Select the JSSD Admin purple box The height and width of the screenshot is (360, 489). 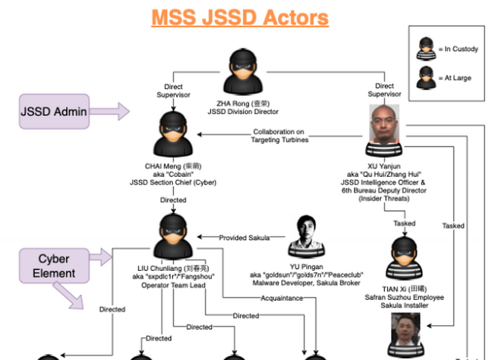(x=54, y=111)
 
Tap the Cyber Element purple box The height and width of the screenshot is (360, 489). (x=54, y=265)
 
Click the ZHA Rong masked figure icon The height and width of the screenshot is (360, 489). (x=243, y=72)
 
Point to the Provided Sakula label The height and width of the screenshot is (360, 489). (x=244, y=237)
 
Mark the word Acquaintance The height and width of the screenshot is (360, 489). (x=281, y=298)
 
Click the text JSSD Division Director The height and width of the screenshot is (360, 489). (x=243, y=112)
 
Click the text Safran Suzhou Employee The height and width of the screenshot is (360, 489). (x=404, y=297)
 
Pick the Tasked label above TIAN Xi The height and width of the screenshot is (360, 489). (x=404, y=223)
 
